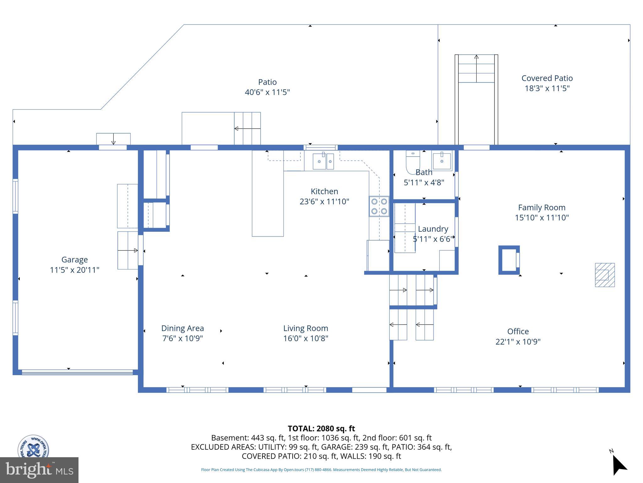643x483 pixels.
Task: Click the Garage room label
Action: click(74, 260)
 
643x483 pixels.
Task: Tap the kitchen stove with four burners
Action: click(379, 206)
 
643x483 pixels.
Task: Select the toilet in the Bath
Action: click(413, 162)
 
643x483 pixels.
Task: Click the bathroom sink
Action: click(442, 160)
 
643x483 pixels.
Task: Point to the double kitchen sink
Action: click(323, 161)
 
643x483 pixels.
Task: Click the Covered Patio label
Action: click(547, 78)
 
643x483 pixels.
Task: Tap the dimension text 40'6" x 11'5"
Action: click(267, 92)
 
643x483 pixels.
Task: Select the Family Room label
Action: click(542, 208)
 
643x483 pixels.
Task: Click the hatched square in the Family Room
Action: click(605, 275)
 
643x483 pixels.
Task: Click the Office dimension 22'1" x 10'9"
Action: click(518, 341)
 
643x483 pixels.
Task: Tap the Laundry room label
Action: click(433, 229)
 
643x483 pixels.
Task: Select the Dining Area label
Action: click(182, 328)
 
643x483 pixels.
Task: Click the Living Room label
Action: click(305, 328)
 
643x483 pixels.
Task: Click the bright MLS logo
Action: click(39, 470)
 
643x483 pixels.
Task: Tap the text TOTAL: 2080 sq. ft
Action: click(321, 428)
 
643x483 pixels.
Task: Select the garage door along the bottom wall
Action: click(77, 373)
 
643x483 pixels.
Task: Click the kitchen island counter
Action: click(268, 193)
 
